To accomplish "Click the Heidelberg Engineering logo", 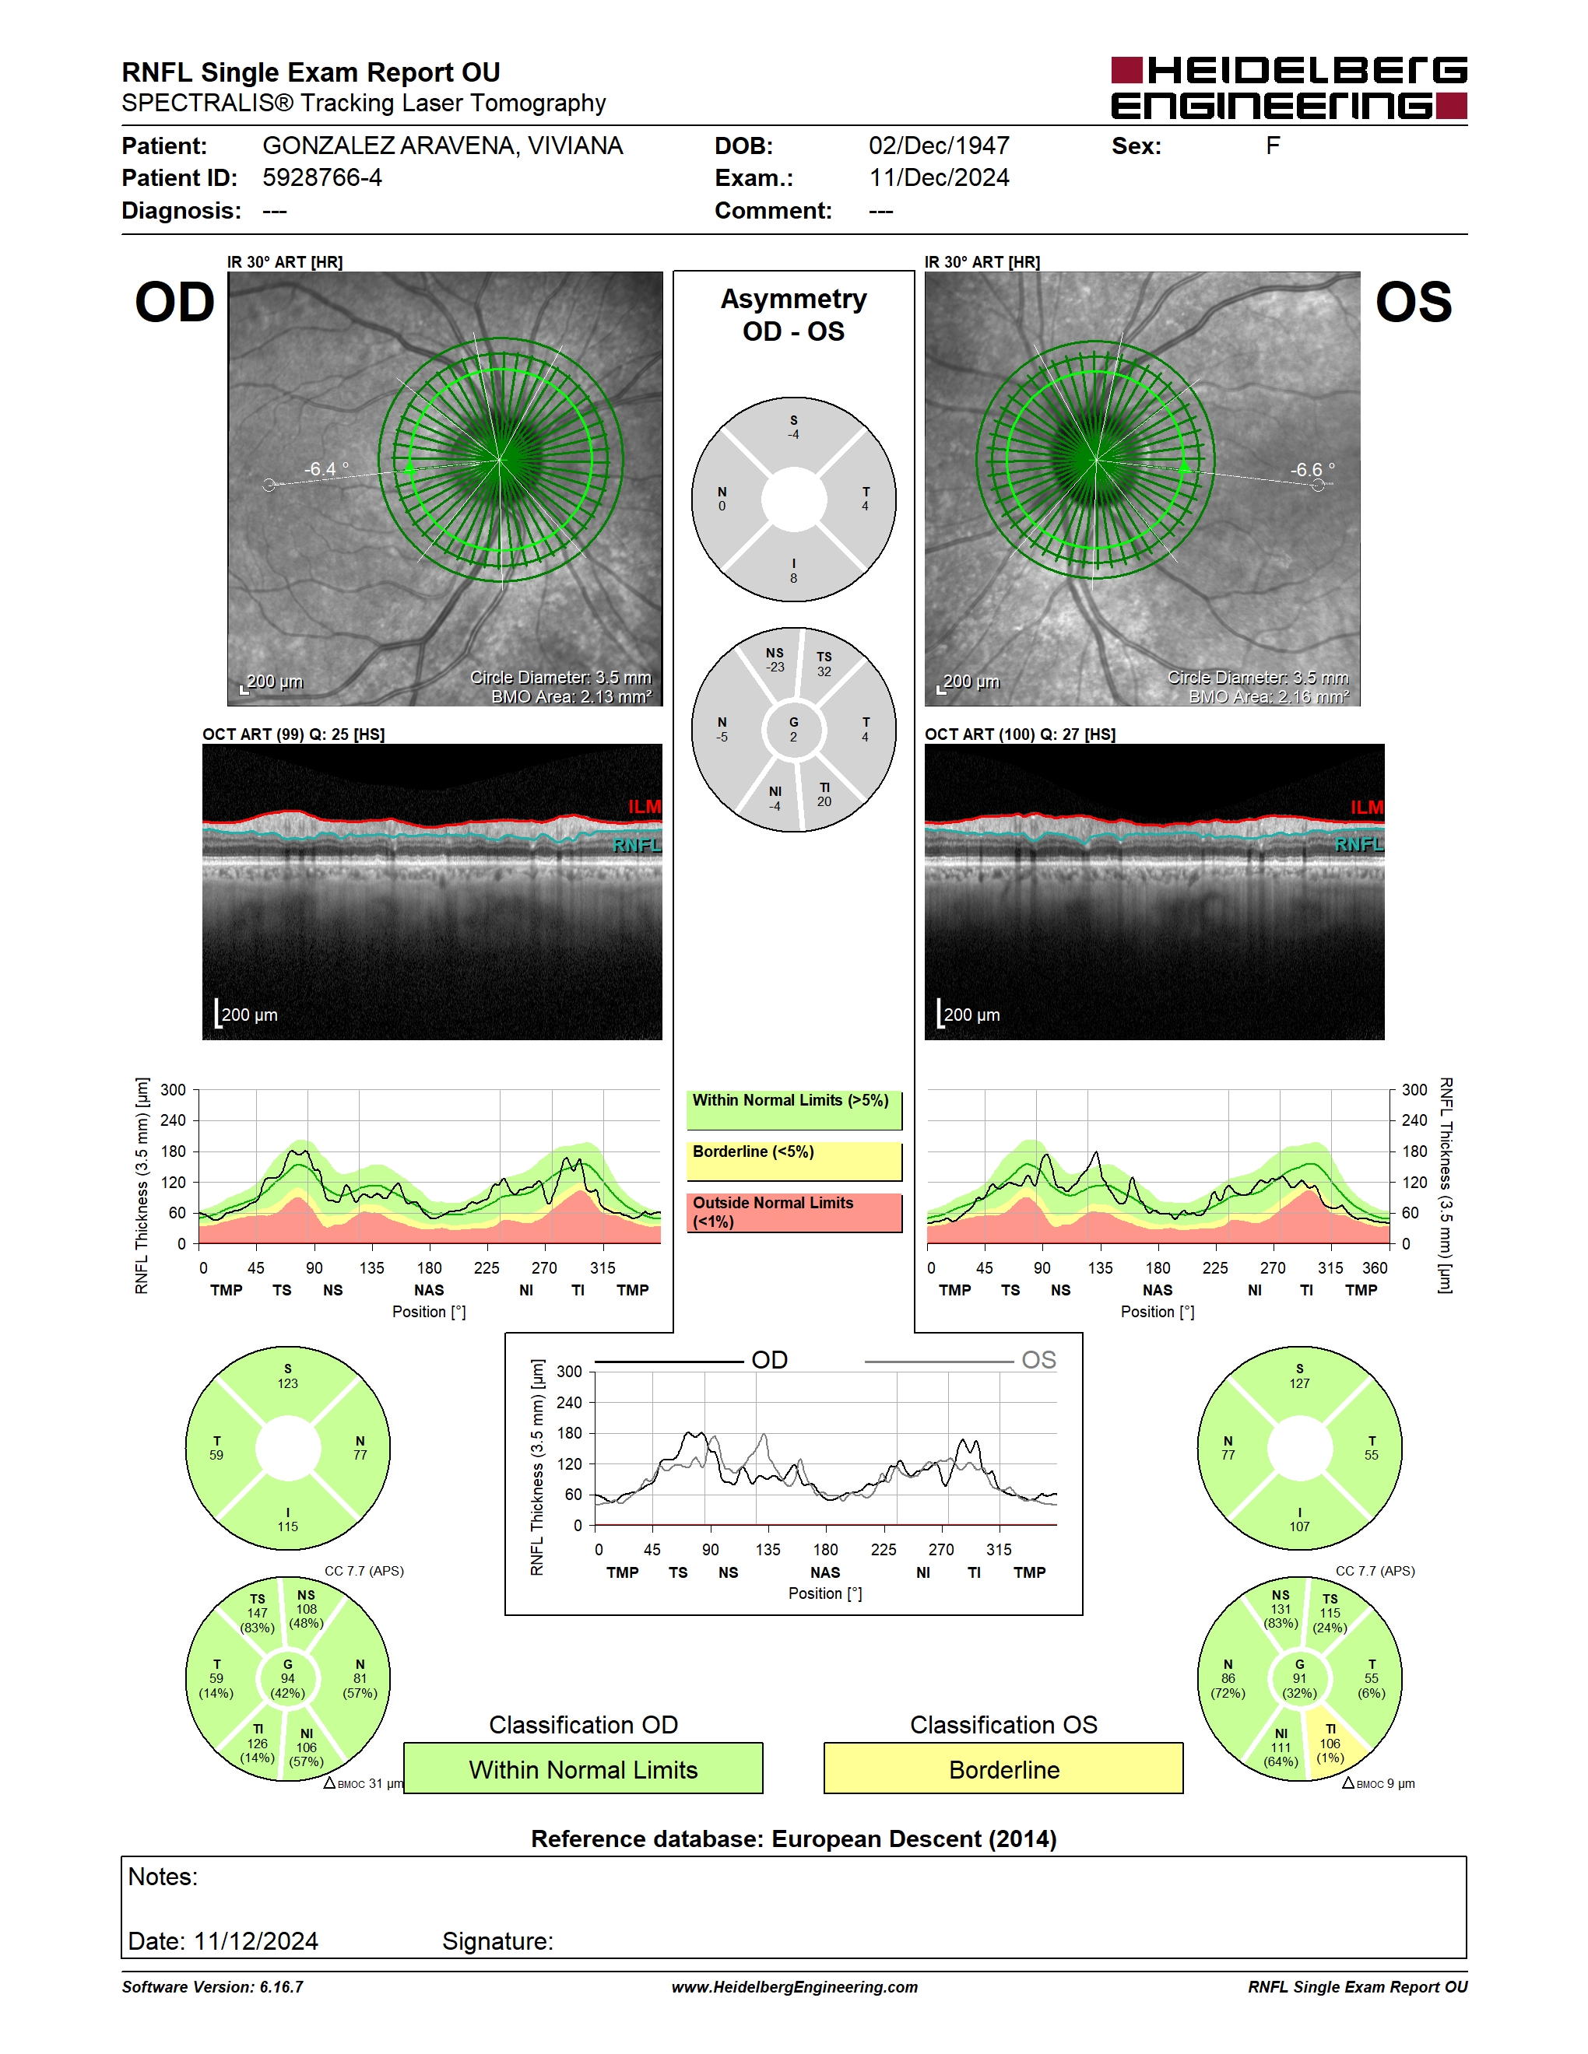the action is coord(1289,87).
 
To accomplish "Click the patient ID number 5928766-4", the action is coord(321,177).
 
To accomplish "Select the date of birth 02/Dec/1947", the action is coord(939,145).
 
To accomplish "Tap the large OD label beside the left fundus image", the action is coord(175,302).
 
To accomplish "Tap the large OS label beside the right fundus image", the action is coord(1413,302).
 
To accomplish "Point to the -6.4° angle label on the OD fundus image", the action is coord(325,468).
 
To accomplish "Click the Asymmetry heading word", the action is coord(793,299).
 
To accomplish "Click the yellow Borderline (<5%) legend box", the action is coord(794,1162).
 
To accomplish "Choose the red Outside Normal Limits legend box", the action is coord(794,1212).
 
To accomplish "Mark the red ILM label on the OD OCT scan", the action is coord(645,807).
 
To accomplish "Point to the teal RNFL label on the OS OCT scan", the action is coord(1359,844).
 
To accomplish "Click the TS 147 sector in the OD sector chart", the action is coord(255,1613).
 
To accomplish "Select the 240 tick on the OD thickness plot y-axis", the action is coord(173,1120).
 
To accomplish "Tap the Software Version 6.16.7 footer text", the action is coord(213,1986).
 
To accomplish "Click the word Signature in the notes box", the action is coord(497,1941).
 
